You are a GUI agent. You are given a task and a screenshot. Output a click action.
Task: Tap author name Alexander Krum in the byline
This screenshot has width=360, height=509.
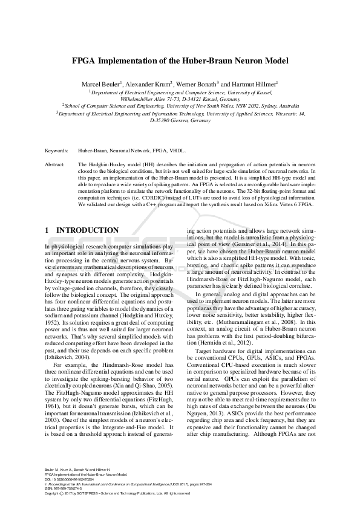[148, 83]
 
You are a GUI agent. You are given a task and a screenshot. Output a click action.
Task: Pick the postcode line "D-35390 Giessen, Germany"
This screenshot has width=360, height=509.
[180, 120]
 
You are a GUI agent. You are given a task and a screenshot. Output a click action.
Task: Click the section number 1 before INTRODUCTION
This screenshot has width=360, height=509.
[48, 230]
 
